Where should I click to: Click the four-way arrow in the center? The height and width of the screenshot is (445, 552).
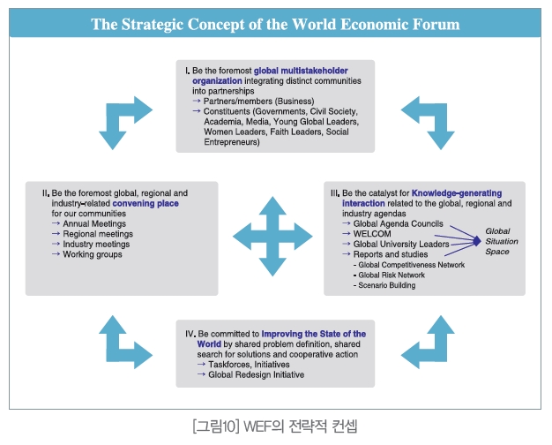click(x=272, y=237)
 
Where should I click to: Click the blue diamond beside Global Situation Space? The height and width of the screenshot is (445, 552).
click(x=477, y=241)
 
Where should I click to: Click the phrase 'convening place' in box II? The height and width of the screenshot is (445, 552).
click(x=145, y=203)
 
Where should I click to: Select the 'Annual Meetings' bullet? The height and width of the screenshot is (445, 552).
click(x=94, y=223)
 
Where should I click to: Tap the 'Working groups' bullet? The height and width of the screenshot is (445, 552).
click(x=93, y=254)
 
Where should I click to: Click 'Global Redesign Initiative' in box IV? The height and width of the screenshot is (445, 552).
click(x=257, y=374)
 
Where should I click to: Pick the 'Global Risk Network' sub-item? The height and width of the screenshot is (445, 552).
click(x=392, y=275)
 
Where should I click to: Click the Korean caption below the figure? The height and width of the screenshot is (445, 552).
click(x=275, y=426)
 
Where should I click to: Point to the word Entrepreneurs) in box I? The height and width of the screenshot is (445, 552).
click(x=232, y=142)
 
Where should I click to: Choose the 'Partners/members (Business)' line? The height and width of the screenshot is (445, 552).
click(x=258, y=102)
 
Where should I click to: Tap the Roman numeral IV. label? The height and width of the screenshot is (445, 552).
click(x=190, y=334)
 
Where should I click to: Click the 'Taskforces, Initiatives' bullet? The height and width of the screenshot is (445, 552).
click(x=249, y=365)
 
